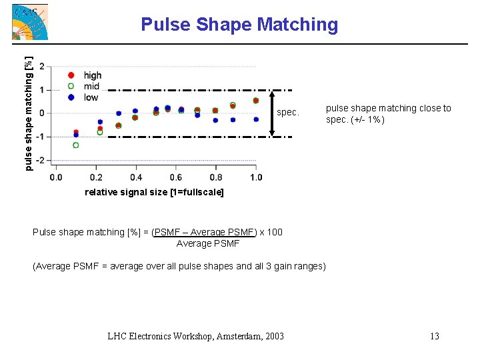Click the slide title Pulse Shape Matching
tap(239, 25)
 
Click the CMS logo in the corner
tap(30, 22)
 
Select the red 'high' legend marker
tap(71, 75)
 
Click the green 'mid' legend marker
tap(71, 86)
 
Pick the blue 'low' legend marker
tap(71, 97)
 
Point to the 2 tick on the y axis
tap(43, 67)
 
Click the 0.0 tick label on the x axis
tap(56, 177)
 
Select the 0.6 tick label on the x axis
tap(176, 177)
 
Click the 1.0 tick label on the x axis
tap(256, 177)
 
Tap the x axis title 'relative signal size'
tap(155, 192)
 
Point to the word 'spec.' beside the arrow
tap(288, 113)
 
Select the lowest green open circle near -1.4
tap(76, 145)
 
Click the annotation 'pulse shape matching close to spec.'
tap(388, 113)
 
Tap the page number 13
tap(434, 336)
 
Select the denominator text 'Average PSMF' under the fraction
tap(207, 243)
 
